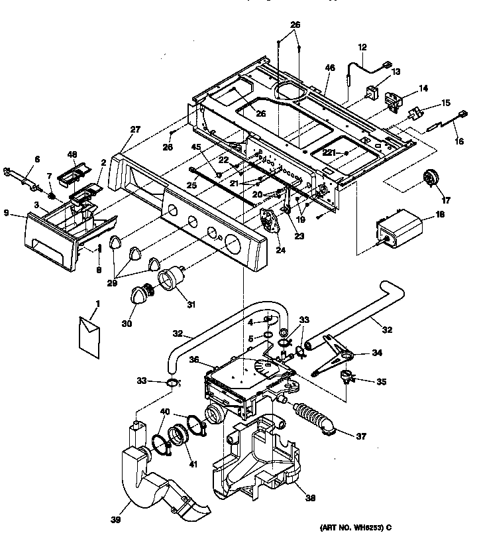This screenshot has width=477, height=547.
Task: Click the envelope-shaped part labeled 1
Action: (x=87, y=333)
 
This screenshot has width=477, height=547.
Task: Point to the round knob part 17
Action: (x=433, y=178)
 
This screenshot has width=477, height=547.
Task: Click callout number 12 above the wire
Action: (x=362, y=48)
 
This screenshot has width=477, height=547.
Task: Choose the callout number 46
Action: (x=330, y=68)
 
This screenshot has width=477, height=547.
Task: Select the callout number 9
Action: (x=6, y=213)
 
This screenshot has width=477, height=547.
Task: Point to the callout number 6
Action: (x=37, y=158)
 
